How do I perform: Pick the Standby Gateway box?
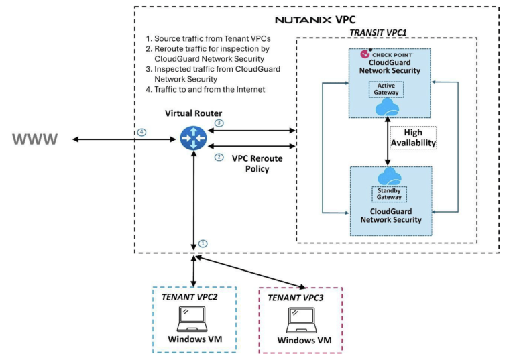[x=388, y=194]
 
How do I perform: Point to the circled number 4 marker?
[x=141, y=132]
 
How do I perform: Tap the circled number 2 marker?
[x=219, y=158]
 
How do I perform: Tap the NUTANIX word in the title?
[x=296, y=19]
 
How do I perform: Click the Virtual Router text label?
[x=194, y=112]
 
